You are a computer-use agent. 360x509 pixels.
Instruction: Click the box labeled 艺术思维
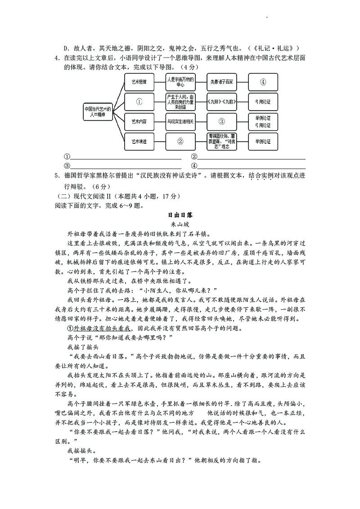(139, 82)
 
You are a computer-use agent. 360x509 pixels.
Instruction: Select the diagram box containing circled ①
(139, 102)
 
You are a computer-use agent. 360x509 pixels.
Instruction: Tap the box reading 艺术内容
(139, 121)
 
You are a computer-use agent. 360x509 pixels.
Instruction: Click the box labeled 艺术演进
(139, 141)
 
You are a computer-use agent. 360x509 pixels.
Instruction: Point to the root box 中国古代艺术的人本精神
(97, 112)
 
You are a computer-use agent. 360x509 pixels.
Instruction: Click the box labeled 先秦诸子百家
(221, 82)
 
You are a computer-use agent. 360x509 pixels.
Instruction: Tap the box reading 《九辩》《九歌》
(221, 102)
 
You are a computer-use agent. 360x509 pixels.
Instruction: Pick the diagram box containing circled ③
(221, 121)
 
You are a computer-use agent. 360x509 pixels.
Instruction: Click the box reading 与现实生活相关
(180, 121)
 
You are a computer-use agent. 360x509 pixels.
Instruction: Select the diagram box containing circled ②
(180, 141)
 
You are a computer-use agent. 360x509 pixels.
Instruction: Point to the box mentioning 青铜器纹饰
(221, 141)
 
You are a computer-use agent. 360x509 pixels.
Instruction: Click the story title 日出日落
(180, 215)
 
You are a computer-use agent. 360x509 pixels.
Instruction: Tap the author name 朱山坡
(180, 224)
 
